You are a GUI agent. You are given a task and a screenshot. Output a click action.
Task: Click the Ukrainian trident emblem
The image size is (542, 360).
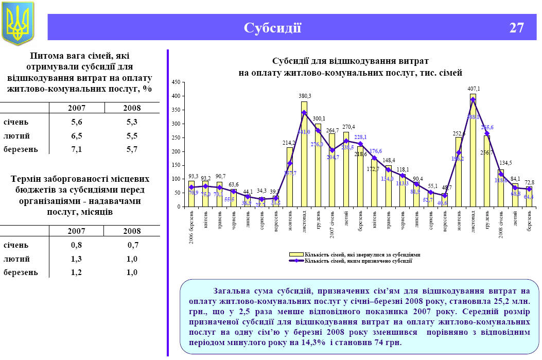pos(18,23)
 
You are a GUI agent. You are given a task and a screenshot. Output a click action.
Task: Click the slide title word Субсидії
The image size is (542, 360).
pos(272,28)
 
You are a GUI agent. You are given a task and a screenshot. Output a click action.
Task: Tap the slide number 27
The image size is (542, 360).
pos(516,28)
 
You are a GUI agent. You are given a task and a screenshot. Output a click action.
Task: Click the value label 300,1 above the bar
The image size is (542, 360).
pos(318,118)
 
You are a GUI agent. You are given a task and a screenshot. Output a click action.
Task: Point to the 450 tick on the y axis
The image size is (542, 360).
pos(176,82)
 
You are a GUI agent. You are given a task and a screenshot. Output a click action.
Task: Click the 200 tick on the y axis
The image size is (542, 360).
pos(176,151)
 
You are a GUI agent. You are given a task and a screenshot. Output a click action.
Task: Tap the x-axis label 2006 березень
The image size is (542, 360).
pos(191,227)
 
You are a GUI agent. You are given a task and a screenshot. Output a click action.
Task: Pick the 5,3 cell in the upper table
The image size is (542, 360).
pos(132,122)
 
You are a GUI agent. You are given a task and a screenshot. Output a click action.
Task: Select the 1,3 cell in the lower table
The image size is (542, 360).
pos(77,259)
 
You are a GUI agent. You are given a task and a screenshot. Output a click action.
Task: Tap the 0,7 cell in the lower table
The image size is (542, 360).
pos(133,245)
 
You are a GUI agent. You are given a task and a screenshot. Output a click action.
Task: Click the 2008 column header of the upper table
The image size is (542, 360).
pos(132,108)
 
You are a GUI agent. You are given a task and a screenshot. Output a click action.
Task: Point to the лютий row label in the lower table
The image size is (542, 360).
pos(16,259)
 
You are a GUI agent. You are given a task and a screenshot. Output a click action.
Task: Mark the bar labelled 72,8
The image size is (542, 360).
pos(529,197)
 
